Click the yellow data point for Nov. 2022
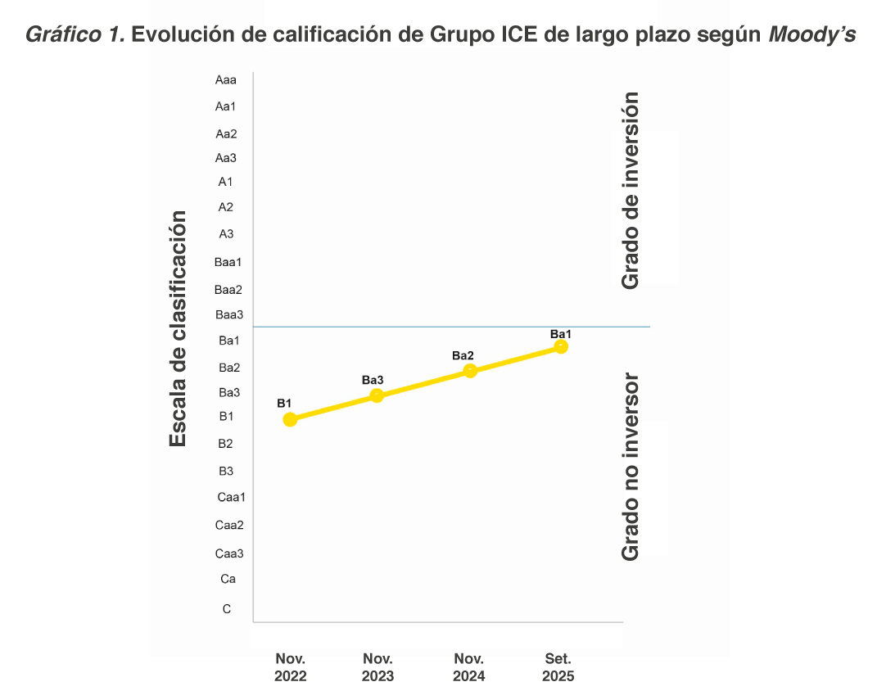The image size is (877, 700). pyautogui.click(x=290, y=419)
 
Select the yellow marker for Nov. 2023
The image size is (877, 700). pyautogui.click(x=377, y=395)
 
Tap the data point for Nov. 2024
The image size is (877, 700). pyautogui.click(x=470, y=371)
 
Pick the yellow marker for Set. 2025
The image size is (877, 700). pyautogui.click(x=561, y=346)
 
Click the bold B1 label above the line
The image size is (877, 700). pyautogui.click(x=284, y=403)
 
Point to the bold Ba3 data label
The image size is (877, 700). pyautogui.click(x=373, y=380)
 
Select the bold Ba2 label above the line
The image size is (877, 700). pyautogui.click(x=463, y=356)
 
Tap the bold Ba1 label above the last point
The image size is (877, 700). pyautogui.click(x=561, y=334)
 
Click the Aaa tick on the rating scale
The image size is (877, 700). pyautogui.click(x=226, y=80)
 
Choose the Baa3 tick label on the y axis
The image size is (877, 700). pyautogui.click(x=229, y=314)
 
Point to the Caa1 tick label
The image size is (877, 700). pyautogui.click(x=232, y=497)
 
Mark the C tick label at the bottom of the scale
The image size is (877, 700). pyautogui.click(x=227, y=609)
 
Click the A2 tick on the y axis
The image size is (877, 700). pyautogui.click(x=226, y=207)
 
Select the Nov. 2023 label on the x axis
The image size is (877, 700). pyautogui.click(x=377, y=667)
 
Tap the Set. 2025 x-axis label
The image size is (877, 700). pyautogui.click(x=558, y=667)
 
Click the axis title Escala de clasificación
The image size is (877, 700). pyautogui.click(x=178, y=329)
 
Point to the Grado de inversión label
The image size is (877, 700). pyautogui.click(x=630, y=190)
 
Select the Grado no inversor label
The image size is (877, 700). pyautogui.click(x=630, y=467)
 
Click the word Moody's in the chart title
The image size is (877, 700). pyautogui.click(x=811, y=34)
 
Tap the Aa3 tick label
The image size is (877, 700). pyautogui.click(x=226, y=158)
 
